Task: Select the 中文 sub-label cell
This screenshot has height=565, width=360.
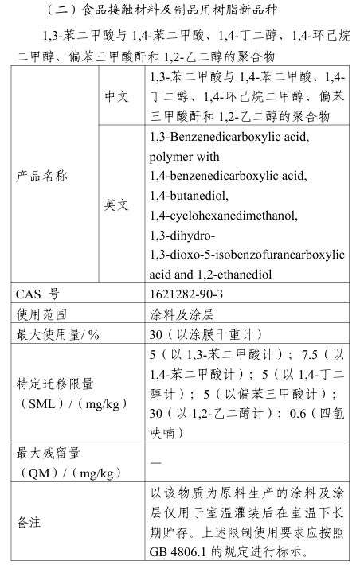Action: point(116,96)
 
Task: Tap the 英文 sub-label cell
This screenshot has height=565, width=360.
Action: point(116,205)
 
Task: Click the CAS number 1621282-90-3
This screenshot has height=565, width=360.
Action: point(187,294)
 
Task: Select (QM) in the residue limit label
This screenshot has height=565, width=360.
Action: point(37,473)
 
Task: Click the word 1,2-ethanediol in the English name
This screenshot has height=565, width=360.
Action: point(226,274)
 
